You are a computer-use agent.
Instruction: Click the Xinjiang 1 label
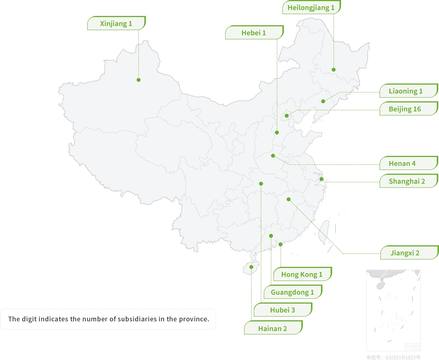click(x=116, y=24)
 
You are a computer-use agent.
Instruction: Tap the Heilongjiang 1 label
click(x=311, y=7)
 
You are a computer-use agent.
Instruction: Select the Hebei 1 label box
click(x=254, y=33)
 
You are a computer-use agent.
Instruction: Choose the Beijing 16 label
click(x=405, y=109)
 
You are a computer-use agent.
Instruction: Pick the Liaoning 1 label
click(x=406, y=91)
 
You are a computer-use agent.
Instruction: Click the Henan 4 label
click(x=402, y=164)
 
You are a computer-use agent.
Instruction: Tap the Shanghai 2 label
click(x=407, y=181)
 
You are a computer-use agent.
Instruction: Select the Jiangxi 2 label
click(x=405, y=253)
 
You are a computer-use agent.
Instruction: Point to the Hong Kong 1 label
click(x=302, y=275)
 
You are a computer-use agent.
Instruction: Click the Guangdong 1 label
click(x=292, y=292)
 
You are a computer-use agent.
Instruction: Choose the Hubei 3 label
click(x=282, y=310)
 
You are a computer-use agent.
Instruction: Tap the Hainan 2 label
click(x=273, y=329)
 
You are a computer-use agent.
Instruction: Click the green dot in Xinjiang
click(x=138, y=80)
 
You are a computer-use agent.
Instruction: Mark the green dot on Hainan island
click(x=251, y=267)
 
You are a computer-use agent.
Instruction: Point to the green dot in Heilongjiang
click(x=334, y=70)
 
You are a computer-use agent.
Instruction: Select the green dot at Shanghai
click(x=321, y=179)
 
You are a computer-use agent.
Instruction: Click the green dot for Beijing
click(x=286, y=116)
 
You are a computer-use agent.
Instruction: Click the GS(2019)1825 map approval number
click(x=403, y=357)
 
